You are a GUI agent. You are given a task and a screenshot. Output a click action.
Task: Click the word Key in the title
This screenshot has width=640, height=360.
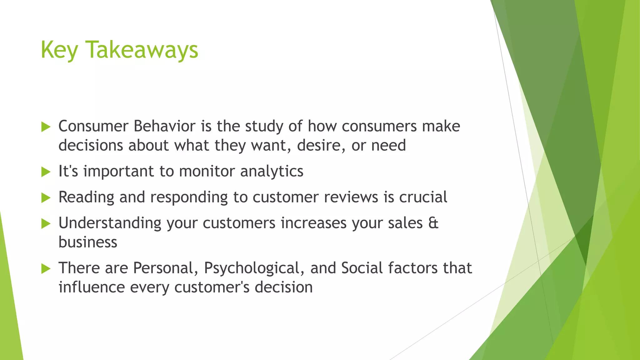59,50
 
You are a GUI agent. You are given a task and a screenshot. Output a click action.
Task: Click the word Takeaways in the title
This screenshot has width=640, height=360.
142,50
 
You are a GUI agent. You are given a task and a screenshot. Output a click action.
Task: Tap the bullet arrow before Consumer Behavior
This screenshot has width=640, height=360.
46,127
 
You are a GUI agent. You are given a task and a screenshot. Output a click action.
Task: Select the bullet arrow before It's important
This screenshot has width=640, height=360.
46,172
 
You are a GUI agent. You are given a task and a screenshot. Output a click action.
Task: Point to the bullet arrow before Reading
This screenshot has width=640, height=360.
46,198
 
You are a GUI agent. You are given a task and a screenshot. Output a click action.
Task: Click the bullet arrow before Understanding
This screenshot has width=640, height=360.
46,224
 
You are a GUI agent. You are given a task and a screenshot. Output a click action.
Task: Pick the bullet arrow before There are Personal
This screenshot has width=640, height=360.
46,269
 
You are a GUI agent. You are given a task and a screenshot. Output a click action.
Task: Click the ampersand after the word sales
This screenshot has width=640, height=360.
433,223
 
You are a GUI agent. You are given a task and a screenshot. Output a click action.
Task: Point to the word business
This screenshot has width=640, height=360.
88,242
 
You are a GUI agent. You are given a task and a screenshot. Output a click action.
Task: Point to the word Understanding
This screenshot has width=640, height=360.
110,223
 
